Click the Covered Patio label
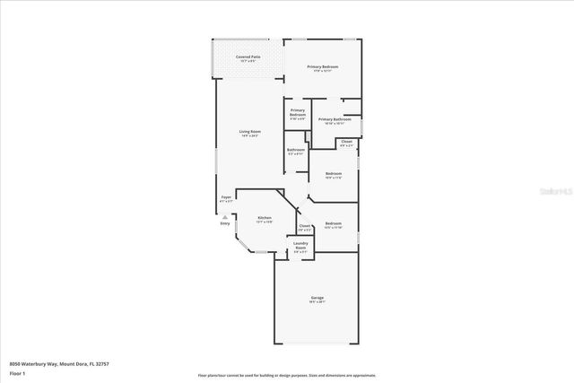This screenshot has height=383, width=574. click(x=248, y=57)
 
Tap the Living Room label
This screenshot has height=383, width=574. click(x=248, y=132)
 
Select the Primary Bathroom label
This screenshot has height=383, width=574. click(x=333, y=118)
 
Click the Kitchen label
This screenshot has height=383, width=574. click(x=265, y=218)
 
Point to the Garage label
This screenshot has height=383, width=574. click(x=317, y=297)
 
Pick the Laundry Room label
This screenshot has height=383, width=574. click(x=300, y=245)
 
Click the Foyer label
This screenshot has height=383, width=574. click(x=226, y=197)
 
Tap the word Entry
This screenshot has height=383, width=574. click(x=225, y=223)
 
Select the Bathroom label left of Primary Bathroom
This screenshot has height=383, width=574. click(x=296, y=150)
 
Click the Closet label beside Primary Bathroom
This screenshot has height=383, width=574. click(x=346, y=141)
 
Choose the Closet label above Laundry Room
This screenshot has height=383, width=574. click(x=304, y=226)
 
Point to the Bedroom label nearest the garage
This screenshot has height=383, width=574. click(x=333, y=222)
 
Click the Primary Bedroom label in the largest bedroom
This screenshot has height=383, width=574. click(x=322, y=66)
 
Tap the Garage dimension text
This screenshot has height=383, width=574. click(x=317, y=302)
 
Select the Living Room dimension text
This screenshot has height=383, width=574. click(x=248, y=136)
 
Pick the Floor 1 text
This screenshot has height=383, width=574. click(x=17, y=372)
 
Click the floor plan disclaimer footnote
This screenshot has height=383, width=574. click(x=287, y=376)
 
